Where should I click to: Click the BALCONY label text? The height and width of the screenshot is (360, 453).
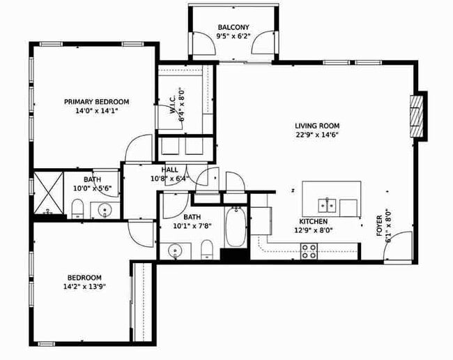(233, 27)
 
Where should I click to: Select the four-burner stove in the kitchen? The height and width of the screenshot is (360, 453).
(309, 250)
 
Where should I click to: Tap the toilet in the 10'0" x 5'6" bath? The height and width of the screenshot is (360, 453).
(78, 207)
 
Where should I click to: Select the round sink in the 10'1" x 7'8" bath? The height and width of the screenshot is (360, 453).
(176, 250)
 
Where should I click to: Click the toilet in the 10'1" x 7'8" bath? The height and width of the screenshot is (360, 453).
(206, 249)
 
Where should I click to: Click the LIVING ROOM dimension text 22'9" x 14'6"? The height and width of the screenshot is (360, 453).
(316, 135)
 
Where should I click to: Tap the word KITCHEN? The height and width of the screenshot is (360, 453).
(309, 221)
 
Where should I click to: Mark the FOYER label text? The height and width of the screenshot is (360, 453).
(381, 224)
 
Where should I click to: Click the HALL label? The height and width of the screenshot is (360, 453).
(169, 170)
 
